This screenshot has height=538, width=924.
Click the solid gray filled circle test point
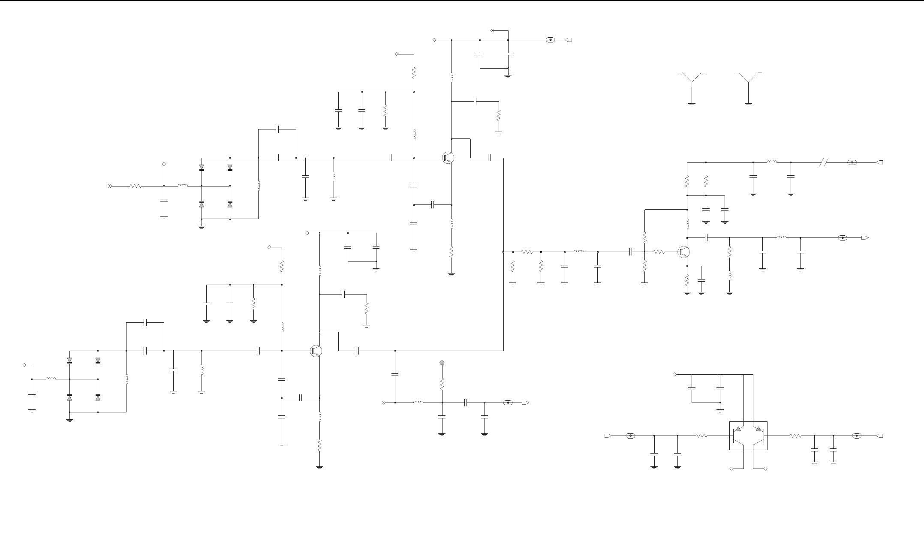tap(442, 363)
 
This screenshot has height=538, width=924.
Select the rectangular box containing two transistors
tap(748, 436)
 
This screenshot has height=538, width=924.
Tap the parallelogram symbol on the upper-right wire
tap(823, 162)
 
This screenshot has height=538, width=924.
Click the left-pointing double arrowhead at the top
tap(493, 30)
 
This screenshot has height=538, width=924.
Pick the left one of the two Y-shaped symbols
tap(692, 79)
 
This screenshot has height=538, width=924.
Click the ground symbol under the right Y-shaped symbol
tap(748, 104)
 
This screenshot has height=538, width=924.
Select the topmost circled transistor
tap(448, 158)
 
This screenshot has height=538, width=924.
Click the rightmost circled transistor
tap(683, 252)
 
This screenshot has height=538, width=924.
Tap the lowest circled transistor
tap(316, 351)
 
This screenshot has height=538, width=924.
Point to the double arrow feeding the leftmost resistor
tap(110, 186)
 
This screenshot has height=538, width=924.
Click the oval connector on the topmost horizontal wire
tap(550, 40)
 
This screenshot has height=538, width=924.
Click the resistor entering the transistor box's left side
tap(701, 436)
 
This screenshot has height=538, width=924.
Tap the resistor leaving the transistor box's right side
tap(795, 436)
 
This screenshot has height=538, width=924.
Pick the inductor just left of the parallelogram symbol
tap(772, 162)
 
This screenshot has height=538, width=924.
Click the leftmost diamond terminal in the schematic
tap(24, 365)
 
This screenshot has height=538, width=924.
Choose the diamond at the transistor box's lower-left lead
tap(731, 469)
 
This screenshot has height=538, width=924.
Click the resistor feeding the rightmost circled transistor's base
tap(659, 252)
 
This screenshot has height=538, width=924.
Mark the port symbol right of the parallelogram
tap(879, 162)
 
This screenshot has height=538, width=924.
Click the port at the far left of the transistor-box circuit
tap(608, 436)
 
